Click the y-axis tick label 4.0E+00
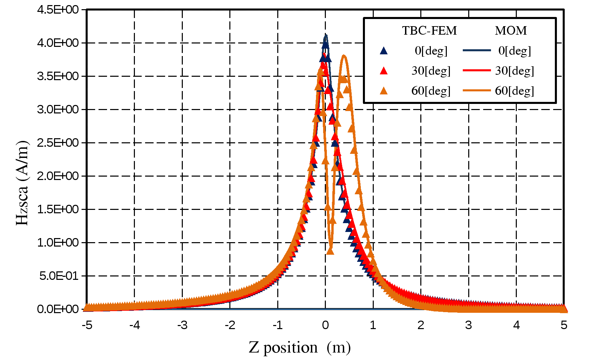[x=58, y=43]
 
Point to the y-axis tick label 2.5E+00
[x=58, y=143]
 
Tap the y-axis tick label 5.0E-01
[x=59, y=276]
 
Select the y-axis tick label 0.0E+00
[x=58, y=309]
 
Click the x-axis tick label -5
[x=87, y=325]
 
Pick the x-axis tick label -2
[x=230, y=325]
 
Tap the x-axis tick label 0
[x=326, y=325]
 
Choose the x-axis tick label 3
[x=469, y=325]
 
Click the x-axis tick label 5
[x=564, y=325]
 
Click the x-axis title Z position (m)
[x=300, y=347]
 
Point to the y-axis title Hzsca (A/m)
[x=22, y=183]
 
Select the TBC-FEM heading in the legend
[x=429, y=31]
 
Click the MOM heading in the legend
[x=511, y=31]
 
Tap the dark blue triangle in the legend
[x=384, y=51]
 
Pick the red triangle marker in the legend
[x=384, y=71]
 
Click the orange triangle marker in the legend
[x=384, y=91]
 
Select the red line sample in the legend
[x=477, y=70]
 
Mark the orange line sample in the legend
[x=477, y=90]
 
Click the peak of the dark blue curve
[x=326, y=35]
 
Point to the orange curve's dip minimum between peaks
[x=331, y=250]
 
